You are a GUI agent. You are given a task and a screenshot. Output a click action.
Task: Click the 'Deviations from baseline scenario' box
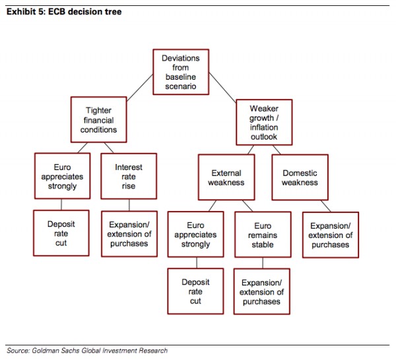click(181, 72)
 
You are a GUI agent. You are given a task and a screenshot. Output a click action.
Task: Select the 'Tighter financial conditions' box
click(99, 119)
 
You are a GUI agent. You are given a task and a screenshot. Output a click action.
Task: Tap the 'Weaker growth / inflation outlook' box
click(264, 123)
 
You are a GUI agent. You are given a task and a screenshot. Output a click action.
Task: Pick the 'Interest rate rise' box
click(129, 176)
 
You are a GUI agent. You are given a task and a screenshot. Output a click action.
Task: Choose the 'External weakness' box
click(226, 177)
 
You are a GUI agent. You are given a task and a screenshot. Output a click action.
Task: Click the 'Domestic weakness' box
click(300, 177)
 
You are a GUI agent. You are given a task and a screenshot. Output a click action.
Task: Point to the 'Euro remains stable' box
click(263, 235)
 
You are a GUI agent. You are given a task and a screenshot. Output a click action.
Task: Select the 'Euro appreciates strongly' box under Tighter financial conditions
click(63, 176)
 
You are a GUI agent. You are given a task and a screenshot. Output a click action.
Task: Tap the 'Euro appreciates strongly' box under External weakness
click(195, 234)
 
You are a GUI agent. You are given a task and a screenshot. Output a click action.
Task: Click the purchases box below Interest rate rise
click(129, 234)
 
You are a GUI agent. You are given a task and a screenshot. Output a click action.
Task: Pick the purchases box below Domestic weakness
click(331, 235)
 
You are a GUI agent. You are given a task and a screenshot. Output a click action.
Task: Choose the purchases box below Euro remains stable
click(261, 291)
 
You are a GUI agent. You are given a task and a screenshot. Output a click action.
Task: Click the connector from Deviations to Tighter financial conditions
click(140, 88)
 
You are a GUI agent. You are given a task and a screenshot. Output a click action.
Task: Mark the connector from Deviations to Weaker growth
click(222, 88)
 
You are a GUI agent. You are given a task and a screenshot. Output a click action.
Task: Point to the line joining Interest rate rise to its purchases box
click(129, 205)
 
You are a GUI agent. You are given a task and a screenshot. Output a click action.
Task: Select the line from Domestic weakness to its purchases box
click(326, 206)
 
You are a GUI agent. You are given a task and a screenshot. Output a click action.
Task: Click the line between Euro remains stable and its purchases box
click(263, 263)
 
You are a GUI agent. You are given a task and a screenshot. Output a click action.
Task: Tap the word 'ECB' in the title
click(57, 12)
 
